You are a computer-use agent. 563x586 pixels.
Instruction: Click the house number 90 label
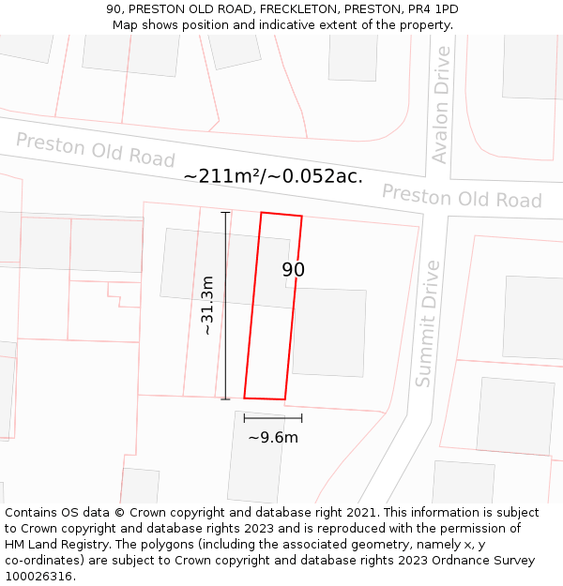click(x=294, y=270)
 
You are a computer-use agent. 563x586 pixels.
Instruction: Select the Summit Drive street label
click(x=427, y=323)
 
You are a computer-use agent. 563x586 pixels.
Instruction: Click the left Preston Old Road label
click(x=96, y=149)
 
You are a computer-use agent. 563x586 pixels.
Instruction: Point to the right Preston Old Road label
click(x=462, y=197)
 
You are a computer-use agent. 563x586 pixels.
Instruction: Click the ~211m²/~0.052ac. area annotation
click(x=273, y=176)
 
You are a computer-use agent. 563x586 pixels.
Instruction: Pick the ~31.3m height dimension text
click(x=207, y=306)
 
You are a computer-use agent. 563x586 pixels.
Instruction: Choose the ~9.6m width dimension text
click(x=273, y=437)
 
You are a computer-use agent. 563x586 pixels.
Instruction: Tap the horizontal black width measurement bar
click(x=273, y=417)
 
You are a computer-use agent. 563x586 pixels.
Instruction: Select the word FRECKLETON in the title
click(x=304, y=9)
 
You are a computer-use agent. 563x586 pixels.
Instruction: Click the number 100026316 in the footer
click(x=39, y=576)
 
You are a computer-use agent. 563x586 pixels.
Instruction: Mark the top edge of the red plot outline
click(x=281, y=215)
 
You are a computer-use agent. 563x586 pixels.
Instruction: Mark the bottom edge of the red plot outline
click(x=265, y=398)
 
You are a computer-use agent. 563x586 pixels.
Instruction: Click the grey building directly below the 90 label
click(x=328, y=332)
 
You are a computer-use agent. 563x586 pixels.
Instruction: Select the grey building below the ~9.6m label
click(x=255, y=459)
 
